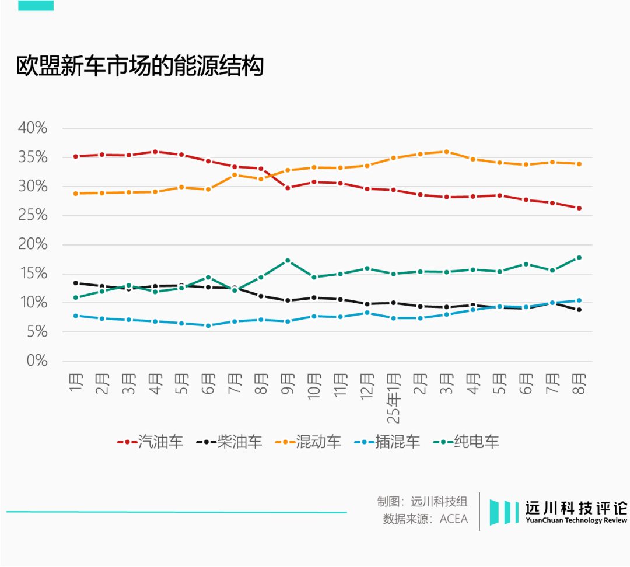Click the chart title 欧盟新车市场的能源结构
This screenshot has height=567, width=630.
click(x=140, y=66)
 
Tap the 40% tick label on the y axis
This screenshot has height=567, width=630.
click(x=32, y=128)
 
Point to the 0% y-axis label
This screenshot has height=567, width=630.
click(x=36, y=360)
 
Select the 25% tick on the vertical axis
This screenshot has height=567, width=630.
click(x=32, y=215)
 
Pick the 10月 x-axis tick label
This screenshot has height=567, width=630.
click(x=314, y=386)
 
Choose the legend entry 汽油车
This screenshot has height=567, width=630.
click(x=150, y=442)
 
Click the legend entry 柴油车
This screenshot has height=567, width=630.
click(x=229, y=442)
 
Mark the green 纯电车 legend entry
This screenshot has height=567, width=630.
click(x=467, y=442)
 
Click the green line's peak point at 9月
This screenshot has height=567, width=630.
click(x=287, y=260)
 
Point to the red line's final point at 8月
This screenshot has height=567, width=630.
click(x=579, y=208)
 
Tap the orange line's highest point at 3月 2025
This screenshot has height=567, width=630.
click(x=446, y=152)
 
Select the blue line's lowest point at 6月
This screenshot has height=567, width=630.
click(x=208, y=325)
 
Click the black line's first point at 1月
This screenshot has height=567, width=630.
click(x=75, y=283)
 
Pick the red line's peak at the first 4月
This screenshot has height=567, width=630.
click(x=155, y=152)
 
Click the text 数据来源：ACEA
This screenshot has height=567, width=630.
click(x=425, y=519)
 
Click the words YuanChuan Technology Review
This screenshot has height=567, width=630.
click(x=576, y=520)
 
